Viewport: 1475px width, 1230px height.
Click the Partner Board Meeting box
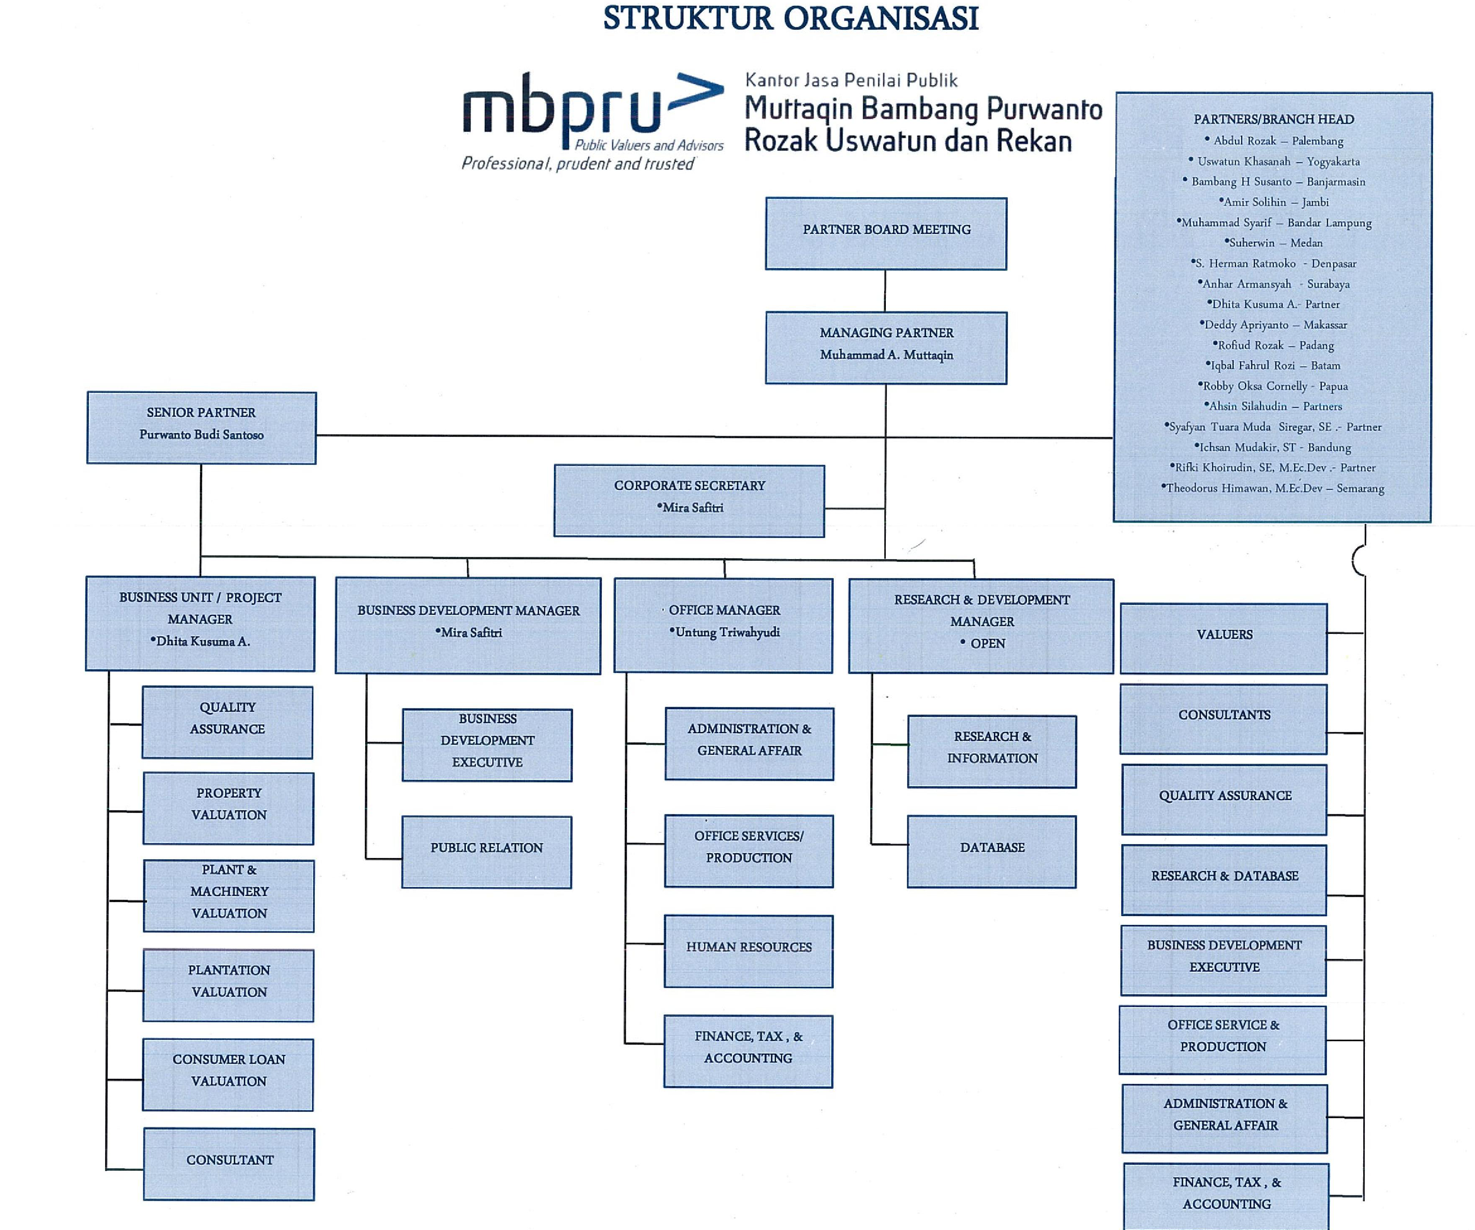[886, 234]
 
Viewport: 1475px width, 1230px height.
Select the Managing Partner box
[886, 348]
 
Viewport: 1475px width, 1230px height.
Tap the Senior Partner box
[202, 428]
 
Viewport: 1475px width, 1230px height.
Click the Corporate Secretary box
[689, 501]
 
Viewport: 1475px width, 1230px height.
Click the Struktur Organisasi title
[791, 18]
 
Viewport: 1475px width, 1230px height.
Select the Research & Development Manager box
[981, 626]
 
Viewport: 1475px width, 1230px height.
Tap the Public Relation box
[487, 852]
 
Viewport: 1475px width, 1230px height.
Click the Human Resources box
[749, 951]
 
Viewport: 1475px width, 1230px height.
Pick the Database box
[992, 851]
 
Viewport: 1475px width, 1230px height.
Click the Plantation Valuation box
[228, 985]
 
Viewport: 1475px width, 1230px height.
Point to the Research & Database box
[1224, 880]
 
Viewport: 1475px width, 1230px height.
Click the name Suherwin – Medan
[1273, 243]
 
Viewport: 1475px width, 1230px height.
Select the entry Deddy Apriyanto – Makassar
[1273, 325]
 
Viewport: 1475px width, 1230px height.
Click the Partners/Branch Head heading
[1273, 119]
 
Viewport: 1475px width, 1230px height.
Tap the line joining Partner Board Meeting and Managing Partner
[885, 291]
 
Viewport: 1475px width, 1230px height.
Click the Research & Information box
[992, 752]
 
